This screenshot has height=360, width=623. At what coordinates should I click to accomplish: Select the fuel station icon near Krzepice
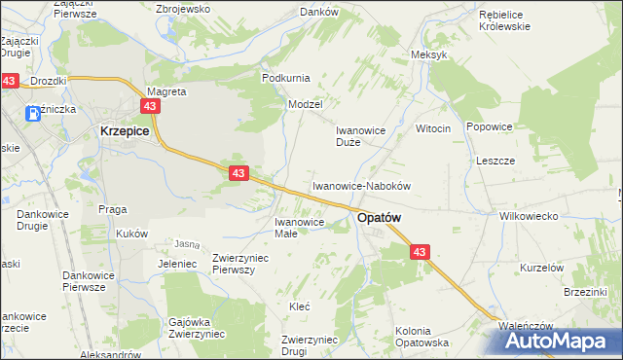click(34, 113)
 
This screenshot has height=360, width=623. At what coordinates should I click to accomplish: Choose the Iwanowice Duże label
click(362, 135)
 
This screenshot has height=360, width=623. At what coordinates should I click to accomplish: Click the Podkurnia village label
click(284, 77)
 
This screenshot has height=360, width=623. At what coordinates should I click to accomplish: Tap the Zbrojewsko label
click(184, 8)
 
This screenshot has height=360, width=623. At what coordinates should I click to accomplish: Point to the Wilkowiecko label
click(527, 216)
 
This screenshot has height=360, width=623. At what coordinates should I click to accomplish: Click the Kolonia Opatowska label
click(421, 337)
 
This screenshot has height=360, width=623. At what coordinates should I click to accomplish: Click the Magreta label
click(165, 91)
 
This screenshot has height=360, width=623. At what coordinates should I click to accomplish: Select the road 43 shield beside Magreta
click(149, 105)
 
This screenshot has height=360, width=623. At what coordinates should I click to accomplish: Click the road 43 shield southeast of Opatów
click(420, 251)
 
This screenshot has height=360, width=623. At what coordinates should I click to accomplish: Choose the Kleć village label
click(299, 306)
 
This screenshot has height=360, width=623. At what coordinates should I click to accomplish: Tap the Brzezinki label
click(585, 291)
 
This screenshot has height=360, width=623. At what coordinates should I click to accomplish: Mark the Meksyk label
click(429, 54)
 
